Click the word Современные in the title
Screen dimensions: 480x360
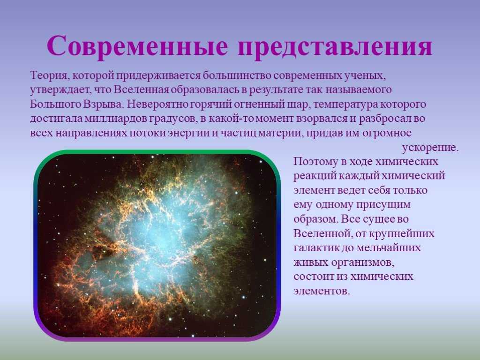tap(137, 46)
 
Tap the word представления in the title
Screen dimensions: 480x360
tap(335, 47)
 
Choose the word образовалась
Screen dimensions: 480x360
tap(209, 90)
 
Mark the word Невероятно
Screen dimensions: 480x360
tap(157, 104)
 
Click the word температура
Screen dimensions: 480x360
tap(345, 105)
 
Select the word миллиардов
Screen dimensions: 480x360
tap(116, 119)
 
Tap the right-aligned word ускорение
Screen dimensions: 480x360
tap(430, 148)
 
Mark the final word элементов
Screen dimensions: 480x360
tap(322, 291)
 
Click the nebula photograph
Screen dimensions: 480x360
tap(157, 245)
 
